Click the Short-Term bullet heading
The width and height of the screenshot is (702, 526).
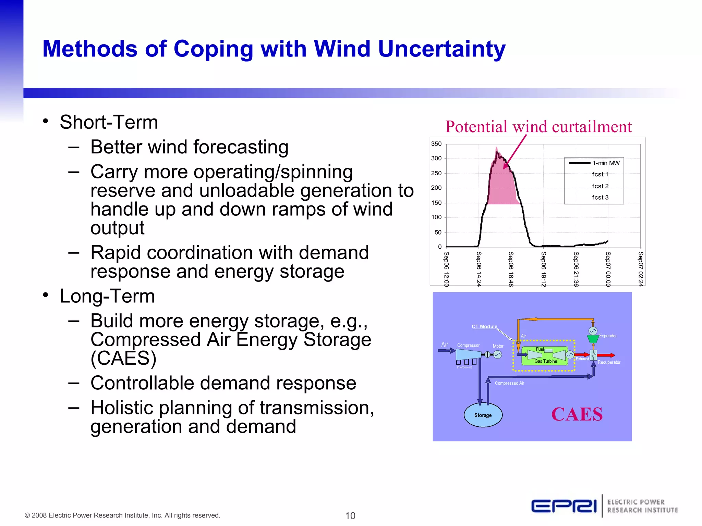tap(109, 122)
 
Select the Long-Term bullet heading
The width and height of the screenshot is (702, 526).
tap(107, 296)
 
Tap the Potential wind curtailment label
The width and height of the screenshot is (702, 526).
tap(538, 127)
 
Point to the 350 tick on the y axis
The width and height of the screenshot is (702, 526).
tap(436, 144)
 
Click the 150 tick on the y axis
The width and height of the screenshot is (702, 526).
tap(436, 203)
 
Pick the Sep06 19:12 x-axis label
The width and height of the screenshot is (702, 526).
tap(543, 269)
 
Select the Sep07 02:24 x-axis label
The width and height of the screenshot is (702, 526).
tap(640, 269)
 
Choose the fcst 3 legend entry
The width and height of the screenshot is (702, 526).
tap(600, 197)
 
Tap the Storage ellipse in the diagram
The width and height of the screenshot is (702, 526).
tap(483, 415)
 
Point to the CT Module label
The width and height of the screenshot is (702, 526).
tap(484, 326)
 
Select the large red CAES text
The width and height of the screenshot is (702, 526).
tap(577, 414)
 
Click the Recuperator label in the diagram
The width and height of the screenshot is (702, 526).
tap(609, 362)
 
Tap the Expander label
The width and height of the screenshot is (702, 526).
tap(608, 336)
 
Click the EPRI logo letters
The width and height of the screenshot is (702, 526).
tap(564, 506)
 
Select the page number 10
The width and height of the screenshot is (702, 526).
tap(350, 516)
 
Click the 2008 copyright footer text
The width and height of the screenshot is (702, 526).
tap(122, 515)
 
